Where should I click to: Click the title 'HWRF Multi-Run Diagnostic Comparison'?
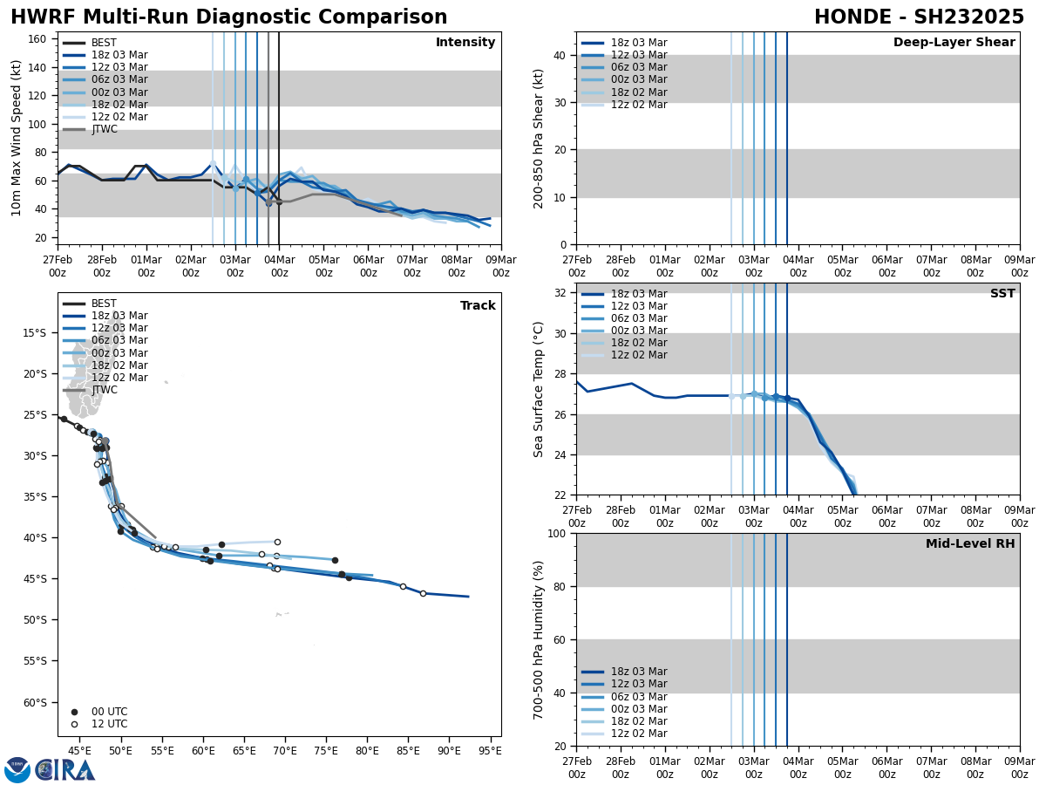pos(228,17)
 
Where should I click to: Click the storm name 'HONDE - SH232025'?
pos(919,17)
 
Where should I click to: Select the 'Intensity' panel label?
pos(465,43)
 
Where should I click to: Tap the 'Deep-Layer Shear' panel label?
pos(954,43)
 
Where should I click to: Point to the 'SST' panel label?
pos(1002,294)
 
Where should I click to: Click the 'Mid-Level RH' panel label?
pos(970,544)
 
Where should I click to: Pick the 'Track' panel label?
pos(478,306)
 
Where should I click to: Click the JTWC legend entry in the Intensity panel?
pos(104,129)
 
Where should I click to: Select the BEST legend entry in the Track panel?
pos(104,304)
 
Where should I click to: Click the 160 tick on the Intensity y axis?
pos(38,38)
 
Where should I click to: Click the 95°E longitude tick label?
pos(490,750)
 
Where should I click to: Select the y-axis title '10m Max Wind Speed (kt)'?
pos(17,138)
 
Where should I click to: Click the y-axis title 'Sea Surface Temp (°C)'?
pos(539,389)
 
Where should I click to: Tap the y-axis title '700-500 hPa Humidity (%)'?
pos(539,639)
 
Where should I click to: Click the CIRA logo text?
pos(65,770)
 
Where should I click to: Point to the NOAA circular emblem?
pos(17,770)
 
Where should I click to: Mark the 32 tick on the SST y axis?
pos(561,293)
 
